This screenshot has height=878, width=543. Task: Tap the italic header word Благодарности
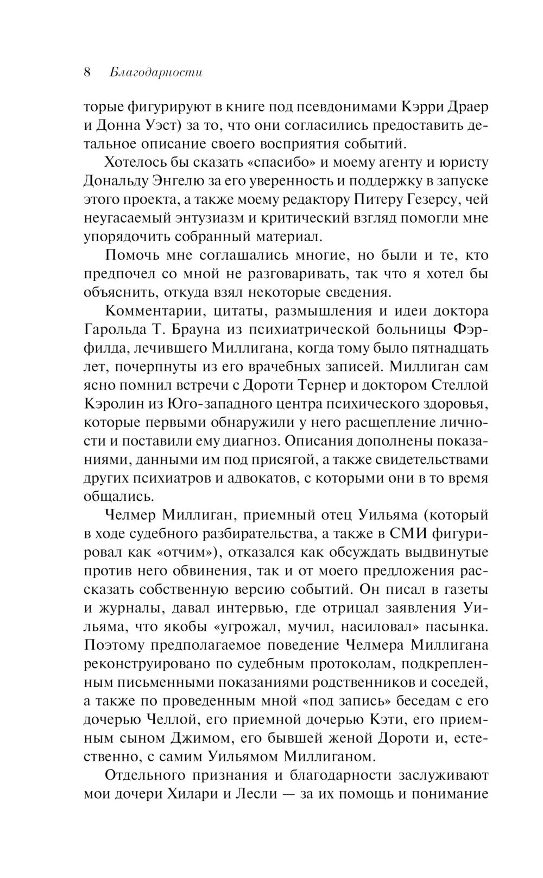coord(156,73)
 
